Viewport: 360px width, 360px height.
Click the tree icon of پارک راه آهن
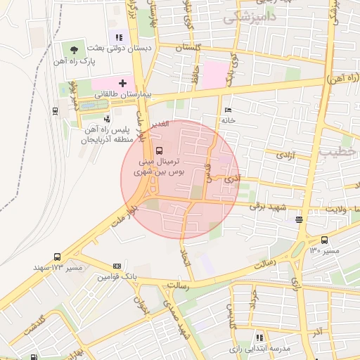[74, 49]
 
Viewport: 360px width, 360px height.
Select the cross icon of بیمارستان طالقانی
[122, 83]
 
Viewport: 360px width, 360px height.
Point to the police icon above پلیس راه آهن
[107, 119]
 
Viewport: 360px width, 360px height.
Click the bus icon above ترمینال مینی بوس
[158, 150]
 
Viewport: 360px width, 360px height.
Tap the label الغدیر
[161, 124]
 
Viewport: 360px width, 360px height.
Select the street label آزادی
[285, 154]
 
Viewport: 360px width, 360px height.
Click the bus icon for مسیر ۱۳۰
[323, 240]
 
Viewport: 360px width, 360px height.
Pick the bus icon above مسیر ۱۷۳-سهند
[57, 257]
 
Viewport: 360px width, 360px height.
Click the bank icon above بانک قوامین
[117, 266]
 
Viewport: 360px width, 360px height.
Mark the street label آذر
[318, 330]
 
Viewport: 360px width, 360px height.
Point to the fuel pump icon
[34, 358]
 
